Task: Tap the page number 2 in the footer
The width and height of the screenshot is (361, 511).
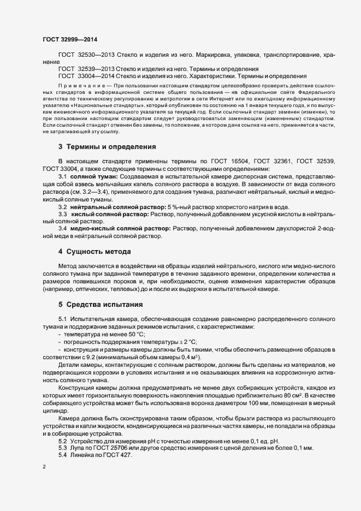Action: pyautogui.click(x=44, y=468)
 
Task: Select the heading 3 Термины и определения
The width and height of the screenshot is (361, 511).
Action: pyautogui.click(x=99, y=147)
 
